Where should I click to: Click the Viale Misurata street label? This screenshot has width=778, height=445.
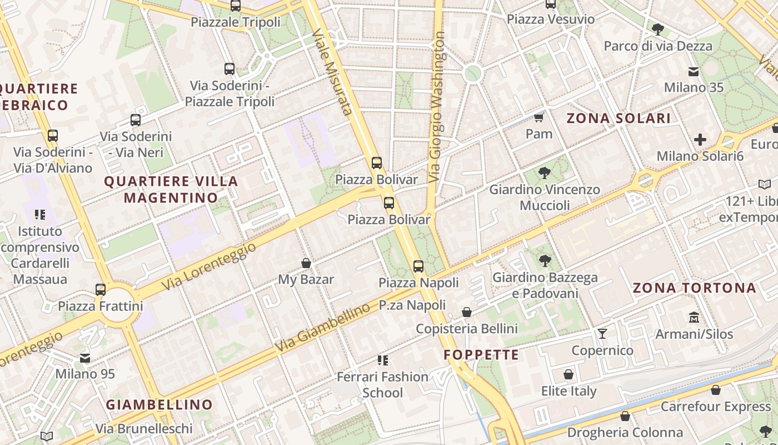coord(332,72)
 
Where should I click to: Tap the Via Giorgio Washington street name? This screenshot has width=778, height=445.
coord(437,107)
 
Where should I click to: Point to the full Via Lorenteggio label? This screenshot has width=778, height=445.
coord(210,266)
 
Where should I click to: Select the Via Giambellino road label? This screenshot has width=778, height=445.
coord(322,328)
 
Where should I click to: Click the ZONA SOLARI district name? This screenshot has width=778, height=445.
coord(618,118)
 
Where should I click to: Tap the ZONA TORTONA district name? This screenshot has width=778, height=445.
coord(695,288)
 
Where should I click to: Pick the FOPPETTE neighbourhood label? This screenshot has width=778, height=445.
coord(481,354)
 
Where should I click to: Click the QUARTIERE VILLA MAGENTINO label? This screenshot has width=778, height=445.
coord(171,189)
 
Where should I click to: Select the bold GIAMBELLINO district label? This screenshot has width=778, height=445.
coord(159,404)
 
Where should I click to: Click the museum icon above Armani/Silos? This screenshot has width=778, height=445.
coord(694,318)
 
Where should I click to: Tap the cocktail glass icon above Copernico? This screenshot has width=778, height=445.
coord(602,334)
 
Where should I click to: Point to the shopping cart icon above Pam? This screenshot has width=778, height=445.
coord(538,117)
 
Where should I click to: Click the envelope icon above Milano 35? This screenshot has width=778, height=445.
coord(694,71)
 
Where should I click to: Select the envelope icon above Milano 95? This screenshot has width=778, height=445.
coord(85,358)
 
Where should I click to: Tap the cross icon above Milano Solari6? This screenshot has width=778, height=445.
coord(700,140)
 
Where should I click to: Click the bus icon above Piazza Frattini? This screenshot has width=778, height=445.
coord(101,289)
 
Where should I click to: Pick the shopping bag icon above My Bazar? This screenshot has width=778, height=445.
coord(306,263)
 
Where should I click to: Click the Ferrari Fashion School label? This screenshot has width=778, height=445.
coord(382,384)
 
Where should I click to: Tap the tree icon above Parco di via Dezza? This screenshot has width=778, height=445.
coord(657,29)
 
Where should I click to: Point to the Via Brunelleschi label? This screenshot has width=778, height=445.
coord(144,428)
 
